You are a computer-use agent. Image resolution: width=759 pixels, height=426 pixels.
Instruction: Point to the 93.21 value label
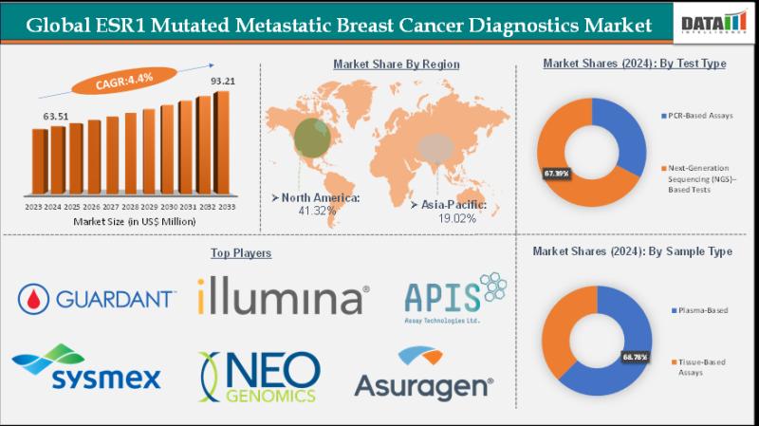(223, 82)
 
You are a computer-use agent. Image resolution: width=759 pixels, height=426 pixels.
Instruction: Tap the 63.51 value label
(58, 117)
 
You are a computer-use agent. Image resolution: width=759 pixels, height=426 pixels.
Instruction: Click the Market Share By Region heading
(396, 65)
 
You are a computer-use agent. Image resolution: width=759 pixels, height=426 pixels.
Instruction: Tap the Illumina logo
(283, 298)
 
